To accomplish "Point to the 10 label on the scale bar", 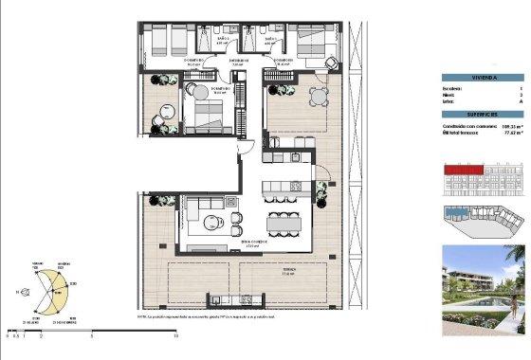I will click(176, 334).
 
